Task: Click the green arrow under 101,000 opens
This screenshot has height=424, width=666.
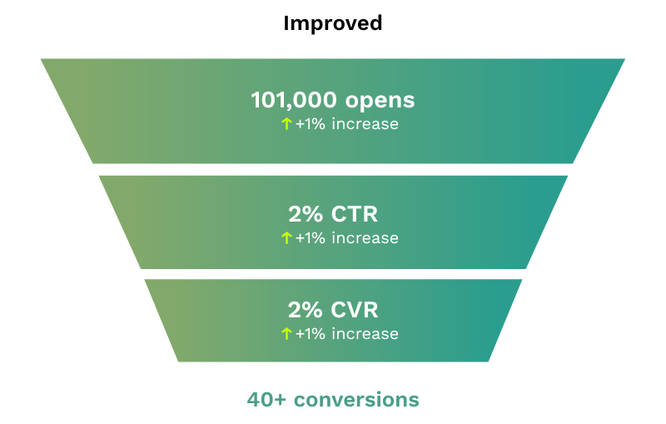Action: click(286, 124)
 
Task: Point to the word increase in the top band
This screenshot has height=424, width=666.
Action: click(365, 124)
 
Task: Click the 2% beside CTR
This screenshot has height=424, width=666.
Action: click(305, 214)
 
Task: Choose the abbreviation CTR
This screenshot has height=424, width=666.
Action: click(354, 214)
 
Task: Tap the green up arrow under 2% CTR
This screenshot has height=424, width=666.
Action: click(286, 238)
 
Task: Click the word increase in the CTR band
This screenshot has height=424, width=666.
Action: click(365, 238)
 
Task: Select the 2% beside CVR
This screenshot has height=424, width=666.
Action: click(305, 311)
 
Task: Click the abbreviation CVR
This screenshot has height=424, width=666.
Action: click(354, 311)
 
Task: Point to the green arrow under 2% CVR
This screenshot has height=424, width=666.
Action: click(286, 334)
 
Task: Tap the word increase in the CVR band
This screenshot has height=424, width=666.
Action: click(365, 334)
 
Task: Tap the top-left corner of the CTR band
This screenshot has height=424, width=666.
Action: click(100, 176)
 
